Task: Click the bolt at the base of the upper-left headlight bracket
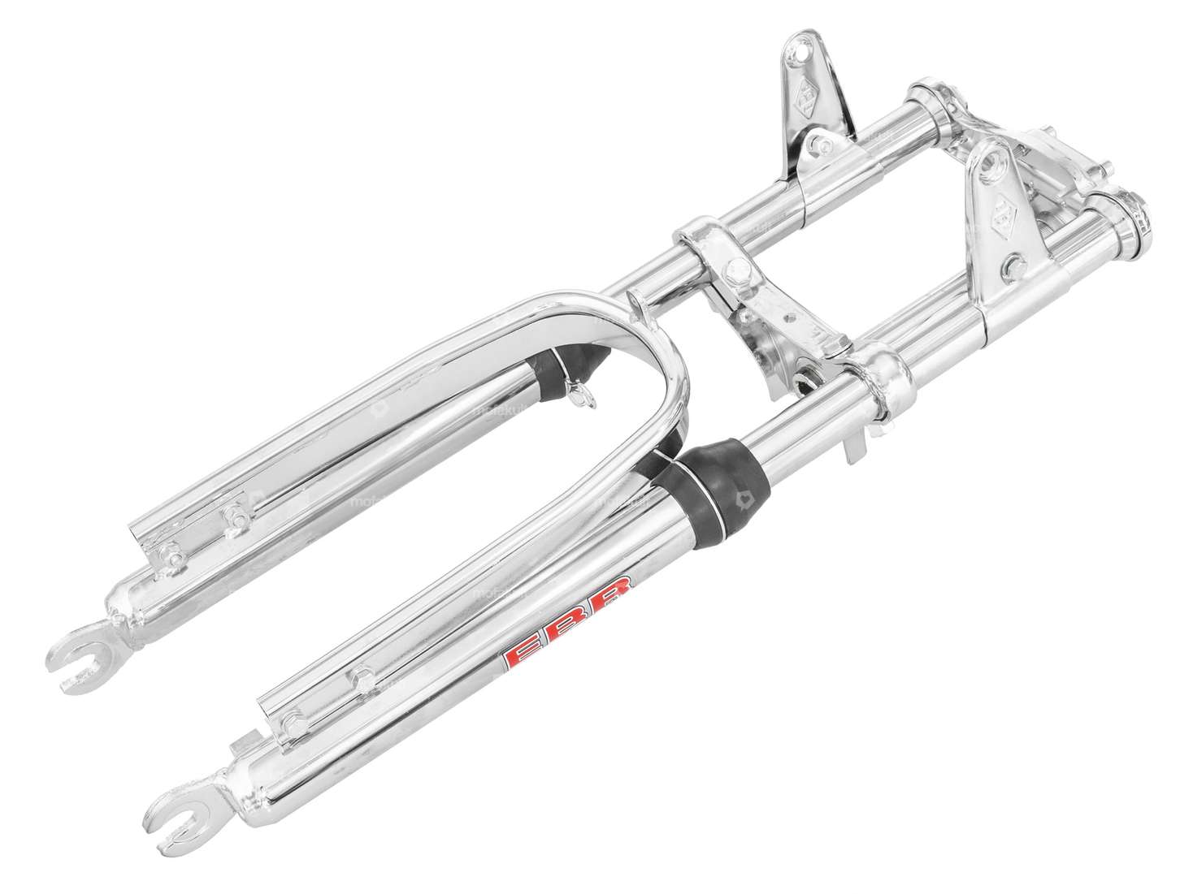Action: [x=818, y=147]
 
